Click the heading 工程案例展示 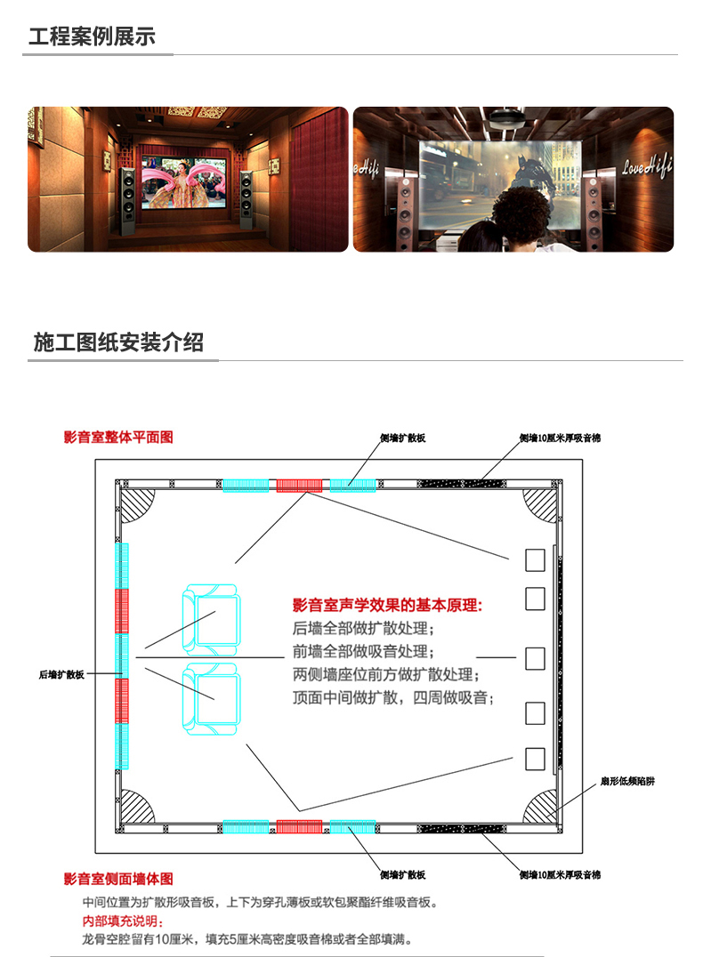click(x=92, y=37)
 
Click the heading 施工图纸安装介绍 click(x=118, y=342)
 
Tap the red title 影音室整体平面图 click(x=118, y=438)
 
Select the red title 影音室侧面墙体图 click(x=118, y=879)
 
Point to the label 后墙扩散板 click(x=61, y=675)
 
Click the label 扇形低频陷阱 click(x=627, y=782)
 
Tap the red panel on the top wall click(x=298, y=485)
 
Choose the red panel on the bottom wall click(x=298, y=827)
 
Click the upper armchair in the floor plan click(x=212, y=620)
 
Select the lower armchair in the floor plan click(x=212, y=699)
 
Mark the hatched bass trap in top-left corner click(x=136, y=504)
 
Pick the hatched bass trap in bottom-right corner click(x=541, y=807)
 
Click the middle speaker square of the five click(x=535, y=659)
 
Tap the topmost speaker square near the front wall click(x=535, y=559)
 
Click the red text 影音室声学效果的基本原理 click(x=387, y=606)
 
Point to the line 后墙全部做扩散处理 click(x=356, y=629)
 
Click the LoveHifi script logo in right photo click(x=647, y=165)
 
